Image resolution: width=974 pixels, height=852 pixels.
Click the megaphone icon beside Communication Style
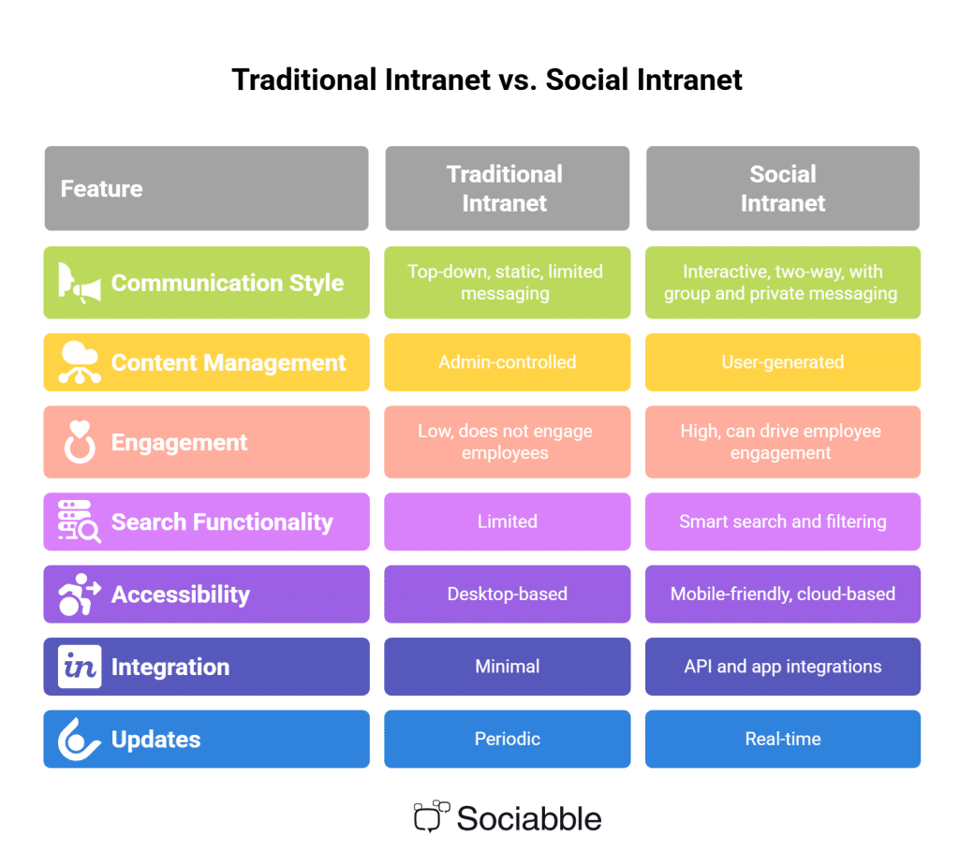pyautogui.click(x=80, y=283)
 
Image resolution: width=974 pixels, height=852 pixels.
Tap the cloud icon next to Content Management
pyautogui.click(x=80, y=362)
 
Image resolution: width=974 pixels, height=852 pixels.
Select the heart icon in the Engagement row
pyautogui.click(x=80, y=442)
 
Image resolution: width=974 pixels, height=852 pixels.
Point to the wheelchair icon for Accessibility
pyautogui.click(x=80, y=594)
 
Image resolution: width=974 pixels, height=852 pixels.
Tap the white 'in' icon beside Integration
pyautogui.click(x=80, y=667)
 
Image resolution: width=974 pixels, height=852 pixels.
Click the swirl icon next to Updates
pyautogui.click(x=80, y=740)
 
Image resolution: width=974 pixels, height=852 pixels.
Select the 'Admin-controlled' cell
pyautogui.click(x=508, y=362)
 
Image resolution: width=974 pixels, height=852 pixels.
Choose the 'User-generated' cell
pyautogui.click(x=783, y=362)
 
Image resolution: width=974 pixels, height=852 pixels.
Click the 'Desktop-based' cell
pyautogui.click(x=508, y=594)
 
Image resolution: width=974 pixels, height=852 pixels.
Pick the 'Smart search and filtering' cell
pyautogui.click(x=783, y=521)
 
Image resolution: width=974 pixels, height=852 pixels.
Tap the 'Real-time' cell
pyautogui.click(x=783, y=739)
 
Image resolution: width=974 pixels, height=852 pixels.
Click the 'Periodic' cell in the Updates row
pyautogui.click(x=508, y=739)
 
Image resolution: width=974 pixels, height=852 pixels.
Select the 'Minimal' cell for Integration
pyautogui.click(x=508, y=667)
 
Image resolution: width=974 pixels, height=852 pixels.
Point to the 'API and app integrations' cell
pyautogui.click(x=783, y=667)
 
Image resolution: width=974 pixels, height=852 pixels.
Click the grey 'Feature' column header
pyautogui.click(x=206, y=188)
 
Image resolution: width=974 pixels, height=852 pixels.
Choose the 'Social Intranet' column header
pyautogui.click(x=783, y=188)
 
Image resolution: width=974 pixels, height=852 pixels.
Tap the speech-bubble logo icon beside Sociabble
pyautogui.click(x=431, y=816)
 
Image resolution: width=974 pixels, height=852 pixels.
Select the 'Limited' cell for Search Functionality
pyautogui.click(x=508, y=521)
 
